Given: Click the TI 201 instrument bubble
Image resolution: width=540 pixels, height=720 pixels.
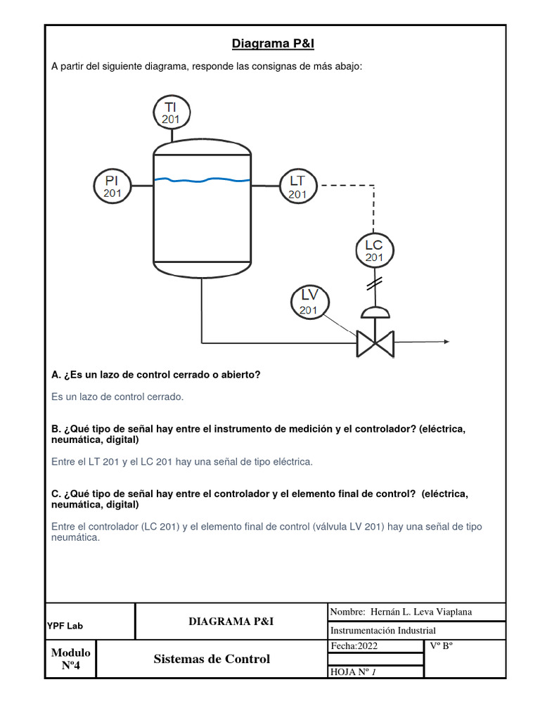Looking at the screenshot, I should tap(171, 112).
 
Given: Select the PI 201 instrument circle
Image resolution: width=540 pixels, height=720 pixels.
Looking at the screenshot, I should tap(112, 186).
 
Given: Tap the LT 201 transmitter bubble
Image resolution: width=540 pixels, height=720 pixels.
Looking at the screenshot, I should tap(298, 186).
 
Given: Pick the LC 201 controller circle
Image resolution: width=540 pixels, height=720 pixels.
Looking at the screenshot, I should tap(374, 250).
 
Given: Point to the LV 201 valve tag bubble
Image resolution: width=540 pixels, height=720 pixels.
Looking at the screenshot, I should tap(309, 302).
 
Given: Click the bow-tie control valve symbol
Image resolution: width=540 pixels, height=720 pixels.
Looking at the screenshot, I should tap(375, 343).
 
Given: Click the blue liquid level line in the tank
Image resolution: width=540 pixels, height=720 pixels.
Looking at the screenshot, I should tap(202, 180).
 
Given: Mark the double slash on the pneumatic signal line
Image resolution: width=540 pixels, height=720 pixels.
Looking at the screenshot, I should tap(374, 283).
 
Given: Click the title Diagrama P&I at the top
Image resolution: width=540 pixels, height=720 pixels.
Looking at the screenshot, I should tap(274, 44).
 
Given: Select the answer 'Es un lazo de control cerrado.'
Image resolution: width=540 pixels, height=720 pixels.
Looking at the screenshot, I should tap(117, 397).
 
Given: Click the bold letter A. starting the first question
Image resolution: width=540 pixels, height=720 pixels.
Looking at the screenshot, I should tap(56, 375).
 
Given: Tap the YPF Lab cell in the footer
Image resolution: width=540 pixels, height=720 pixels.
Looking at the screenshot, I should tap(65, 625).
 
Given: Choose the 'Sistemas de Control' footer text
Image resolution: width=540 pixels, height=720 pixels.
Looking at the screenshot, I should tap(212, 659).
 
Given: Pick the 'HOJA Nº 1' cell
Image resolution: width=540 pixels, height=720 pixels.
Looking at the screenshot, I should tap(354, 672).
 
